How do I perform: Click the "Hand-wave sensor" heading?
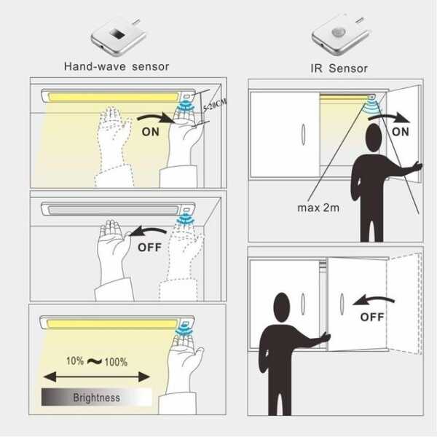point(117,66)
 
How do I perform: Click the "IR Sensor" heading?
point(339,68)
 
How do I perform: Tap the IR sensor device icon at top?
point(340,34)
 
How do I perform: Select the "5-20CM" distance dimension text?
point(215,105)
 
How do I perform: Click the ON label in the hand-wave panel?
point(151,132)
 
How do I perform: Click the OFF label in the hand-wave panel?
point(149,247)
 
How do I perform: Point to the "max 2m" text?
point(318,208)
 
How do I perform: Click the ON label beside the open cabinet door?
point(400,132)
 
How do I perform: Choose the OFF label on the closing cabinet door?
point(372,317)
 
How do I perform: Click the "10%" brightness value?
point(75,361)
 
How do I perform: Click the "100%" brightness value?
point(116,362)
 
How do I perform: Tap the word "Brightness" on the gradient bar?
point(96,398)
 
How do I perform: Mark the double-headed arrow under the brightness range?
point(97,377)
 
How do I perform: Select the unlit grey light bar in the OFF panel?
point(113,210)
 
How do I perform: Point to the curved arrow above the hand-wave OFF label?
point(149,232)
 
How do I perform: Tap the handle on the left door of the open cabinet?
point(303,135)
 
